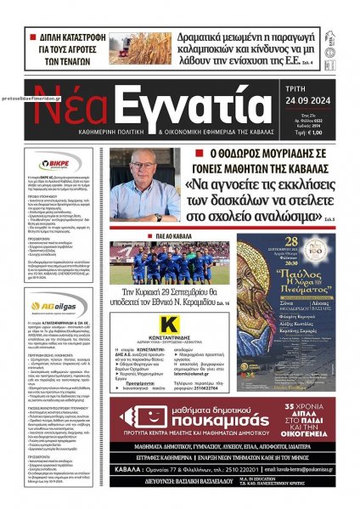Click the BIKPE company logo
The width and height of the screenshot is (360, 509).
[65, 161]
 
